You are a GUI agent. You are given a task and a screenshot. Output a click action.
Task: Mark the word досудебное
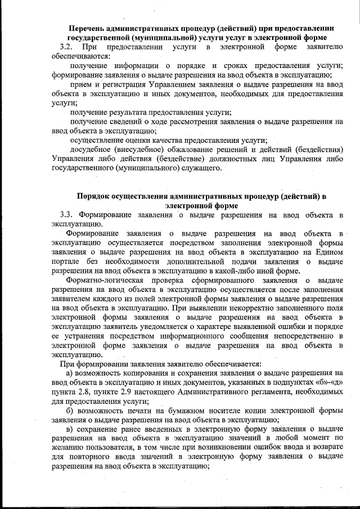91,150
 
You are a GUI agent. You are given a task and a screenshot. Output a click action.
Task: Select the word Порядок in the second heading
96,196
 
